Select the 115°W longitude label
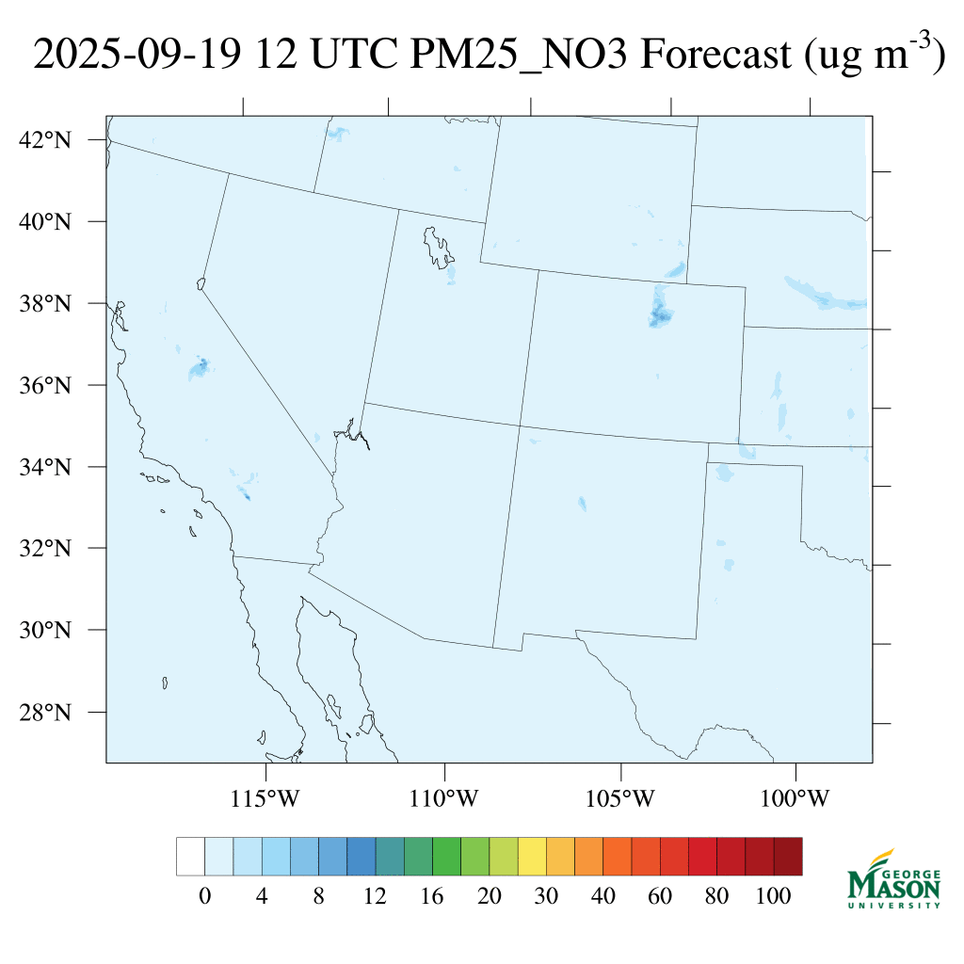point(265,799)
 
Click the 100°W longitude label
point(796,799)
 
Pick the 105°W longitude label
point(619,799)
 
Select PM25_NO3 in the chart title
point(522,56)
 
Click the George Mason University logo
point(893,879)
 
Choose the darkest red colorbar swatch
point(788,856)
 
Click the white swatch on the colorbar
point(190,856)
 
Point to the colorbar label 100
point(774,897)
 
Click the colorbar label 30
point(547,897)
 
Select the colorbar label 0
point(204,897)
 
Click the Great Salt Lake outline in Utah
point(437,247)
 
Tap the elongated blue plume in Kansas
point(824,294)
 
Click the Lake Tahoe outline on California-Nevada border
point(201,282)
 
